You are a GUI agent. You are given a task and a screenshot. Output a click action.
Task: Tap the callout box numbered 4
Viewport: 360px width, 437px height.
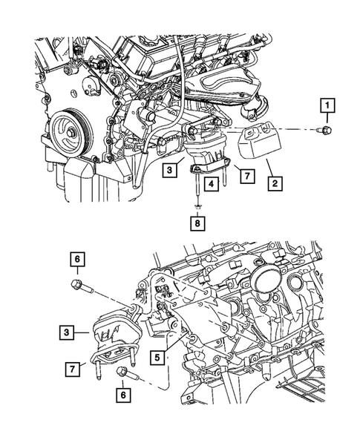[212, 183]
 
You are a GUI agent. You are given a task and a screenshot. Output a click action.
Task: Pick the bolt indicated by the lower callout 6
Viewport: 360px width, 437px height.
[122, 372]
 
